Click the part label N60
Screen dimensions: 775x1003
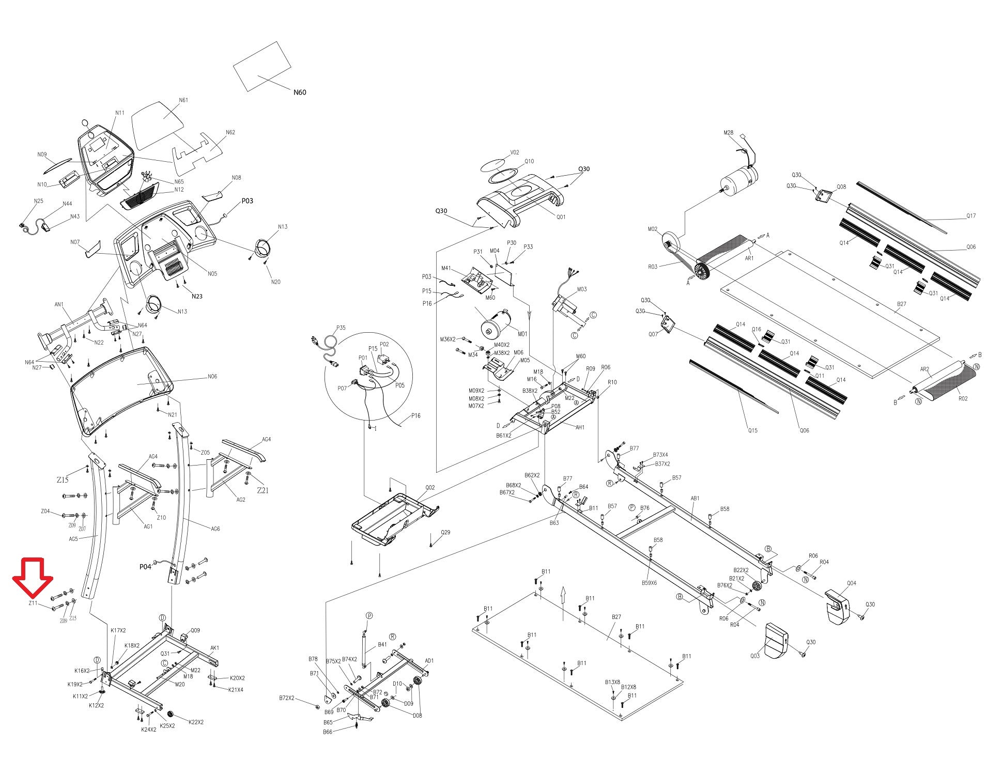[x=300, y=92]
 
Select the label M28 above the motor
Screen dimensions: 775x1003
[x=728, y=133]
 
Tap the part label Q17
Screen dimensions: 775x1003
[x=971, y=216]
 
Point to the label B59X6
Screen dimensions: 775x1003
[x=650, y=583]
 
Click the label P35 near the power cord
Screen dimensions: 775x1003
[x=341, y=328]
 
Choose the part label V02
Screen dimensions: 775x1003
[x=514, y=152]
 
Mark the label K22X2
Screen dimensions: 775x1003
[x=196, y=722]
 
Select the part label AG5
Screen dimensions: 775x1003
[x=73, y=538]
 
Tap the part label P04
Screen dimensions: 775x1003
[x=145, y=567]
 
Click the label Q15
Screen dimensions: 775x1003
[x=753, y=430]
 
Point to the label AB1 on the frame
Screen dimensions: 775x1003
[x=695, y=499]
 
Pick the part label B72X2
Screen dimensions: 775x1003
[x=286, y=698]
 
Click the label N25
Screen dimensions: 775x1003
[x=39, y=202]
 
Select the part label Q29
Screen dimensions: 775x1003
[x=445, y=532]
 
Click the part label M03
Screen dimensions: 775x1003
[x=582, y=289]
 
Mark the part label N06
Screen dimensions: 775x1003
[x=212, y=377]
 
